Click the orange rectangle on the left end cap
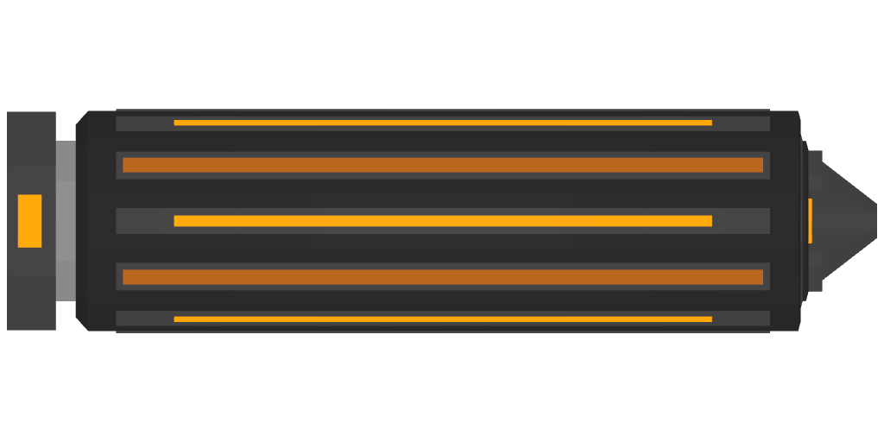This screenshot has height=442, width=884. click(x=30, y=221)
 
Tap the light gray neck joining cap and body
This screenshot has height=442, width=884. click(x=66, y=221)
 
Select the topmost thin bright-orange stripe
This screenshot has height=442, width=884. click(x=442, y=123)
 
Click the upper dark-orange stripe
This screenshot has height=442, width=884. click(x=442, y=165)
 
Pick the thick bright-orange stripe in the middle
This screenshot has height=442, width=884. click(x=442, y=221)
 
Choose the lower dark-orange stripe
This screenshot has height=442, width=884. click(x=442, y=277)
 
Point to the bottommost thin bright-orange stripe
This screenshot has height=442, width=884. click(x=442, y=319)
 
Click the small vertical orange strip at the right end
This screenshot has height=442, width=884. click(x=810, y=221)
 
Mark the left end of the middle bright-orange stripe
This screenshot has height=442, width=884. click(x=177, y=221)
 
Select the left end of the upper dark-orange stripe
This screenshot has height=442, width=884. click(x=126, y=165)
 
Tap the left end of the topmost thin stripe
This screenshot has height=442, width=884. click(x=177, y=123)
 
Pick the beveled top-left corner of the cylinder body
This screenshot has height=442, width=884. click(x=82, y=117)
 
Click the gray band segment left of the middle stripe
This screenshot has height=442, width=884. click(x=144, y=221)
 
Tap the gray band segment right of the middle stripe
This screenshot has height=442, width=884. click(x=741, y=221)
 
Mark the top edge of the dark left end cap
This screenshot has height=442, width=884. click(x=31, y=113)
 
